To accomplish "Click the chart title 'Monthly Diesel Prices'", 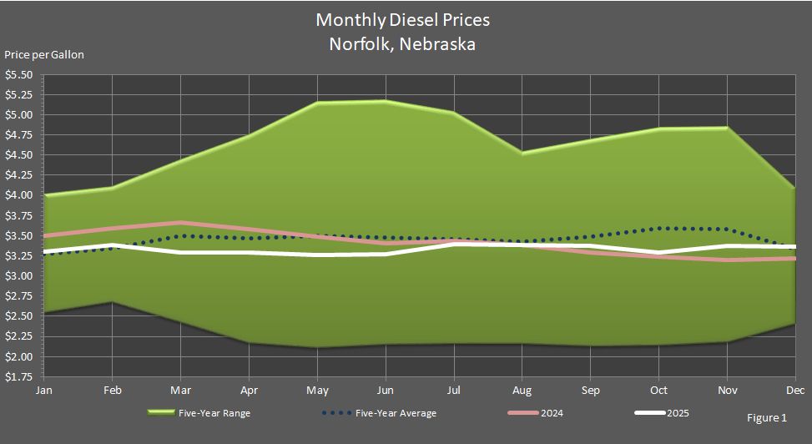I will pos(403,19).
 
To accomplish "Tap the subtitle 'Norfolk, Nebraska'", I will pos(403,44).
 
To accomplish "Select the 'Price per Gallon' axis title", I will pos(44,55).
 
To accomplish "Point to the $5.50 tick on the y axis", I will pos(18,74).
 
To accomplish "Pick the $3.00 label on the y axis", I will pos(18,276).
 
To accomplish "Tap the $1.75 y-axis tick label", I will pos(18,377).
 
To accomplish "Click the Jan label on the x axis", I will pos(43,390).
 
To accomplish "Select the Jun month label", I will pos(385,390).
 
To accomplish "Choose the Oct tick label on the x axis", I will pos(658,390).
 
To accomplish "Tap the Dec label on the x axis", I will pos(794,390).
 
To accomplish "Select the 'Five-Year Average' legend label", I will pos(396,413).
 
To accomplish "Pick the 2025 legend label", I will pos(677,413).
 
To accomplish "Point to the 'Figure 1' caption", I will pos(767,418).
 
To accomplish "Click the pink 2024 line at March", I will pos(180,223).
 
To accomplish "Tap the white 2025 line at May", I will pos(317,255).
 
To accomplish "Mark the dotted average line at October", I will pos(658,228).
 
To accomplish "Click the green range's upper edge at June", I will pos(385,101).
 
